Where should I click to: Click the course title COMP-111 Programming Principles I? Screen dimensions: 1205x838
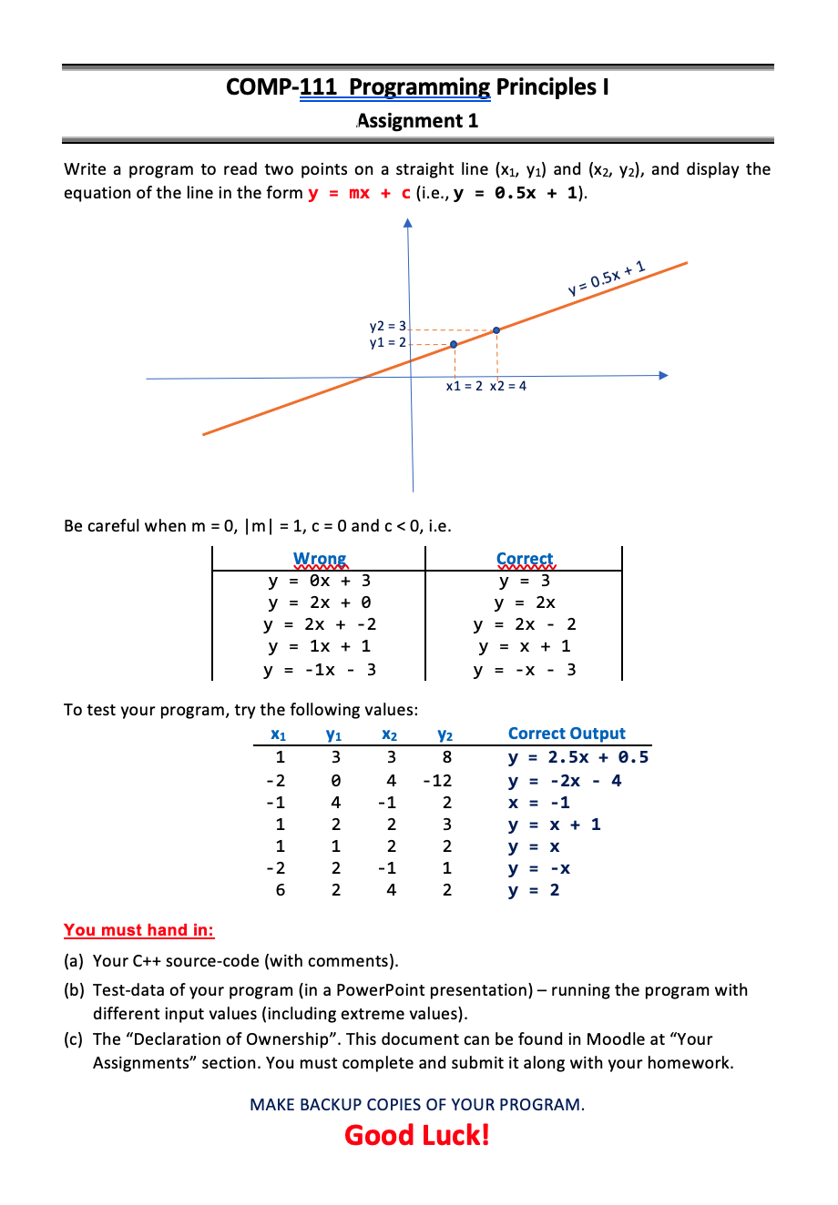point(417,87)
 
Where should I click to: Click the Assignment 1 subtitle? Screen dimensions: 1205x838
point(417,121)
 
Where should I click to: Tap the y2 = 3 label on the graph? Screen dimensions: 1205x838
point(387,326)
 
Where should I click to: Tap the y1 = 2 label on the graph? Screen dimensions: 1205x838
point(387,342)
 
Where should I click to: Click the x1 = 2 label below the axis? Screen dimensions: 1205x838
point(464,386)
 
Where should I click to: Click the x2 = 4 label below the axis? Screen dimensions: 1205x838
point(507,386)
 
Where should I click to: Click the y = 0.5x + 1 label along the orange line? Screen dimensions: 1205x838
point(607,278)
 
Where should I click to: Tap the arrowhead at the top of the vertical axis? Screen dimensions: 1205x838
point(408,222)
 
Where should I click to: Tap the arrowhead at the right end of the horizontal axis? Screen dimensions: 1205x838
point(663,375)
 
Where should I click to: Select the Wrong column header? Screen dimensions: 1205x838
point(320,559)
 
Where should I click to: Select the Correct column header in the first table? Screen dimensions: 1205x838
point(525,559)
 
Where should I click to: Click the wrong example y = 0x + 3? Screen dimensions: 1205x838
point(319,581)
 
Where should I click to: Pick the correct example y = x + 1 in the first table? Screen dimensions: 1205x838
point(525,646)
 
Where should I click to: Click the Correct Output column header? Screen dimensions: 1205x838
point(567,734)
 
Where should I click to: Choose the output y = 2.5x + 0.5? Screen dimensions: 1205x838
point(578,757)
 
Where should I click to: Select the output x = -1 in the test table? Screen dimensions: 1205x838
point(538,803)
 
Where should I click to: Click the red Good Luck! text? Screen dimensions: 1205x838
point(417,1135)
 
